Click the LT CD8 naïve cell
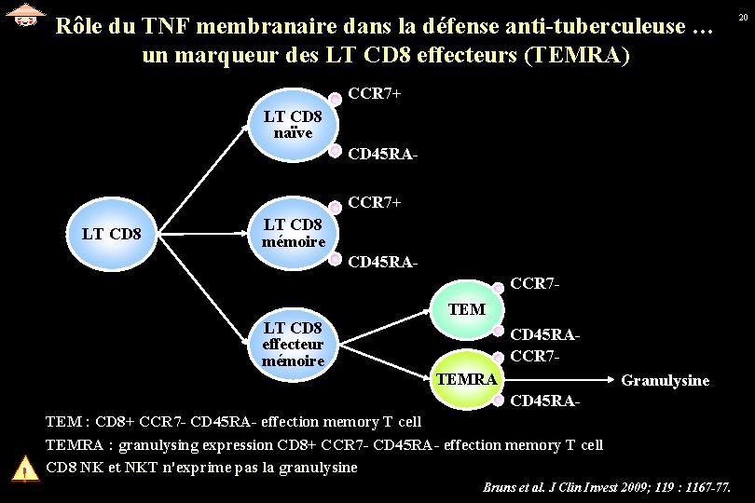pos(293,126)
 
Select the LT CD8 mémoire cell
pos(293,233)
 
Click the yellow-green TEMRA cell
pos(466,379)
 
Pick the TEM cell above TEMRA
pos(466,308)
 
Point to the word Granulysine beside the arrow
pos(665,380)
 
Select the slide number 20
pos(743,18)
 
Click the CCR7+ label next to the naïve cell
pos(374,94)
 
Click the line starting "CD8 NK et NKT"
pos(200,468)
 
